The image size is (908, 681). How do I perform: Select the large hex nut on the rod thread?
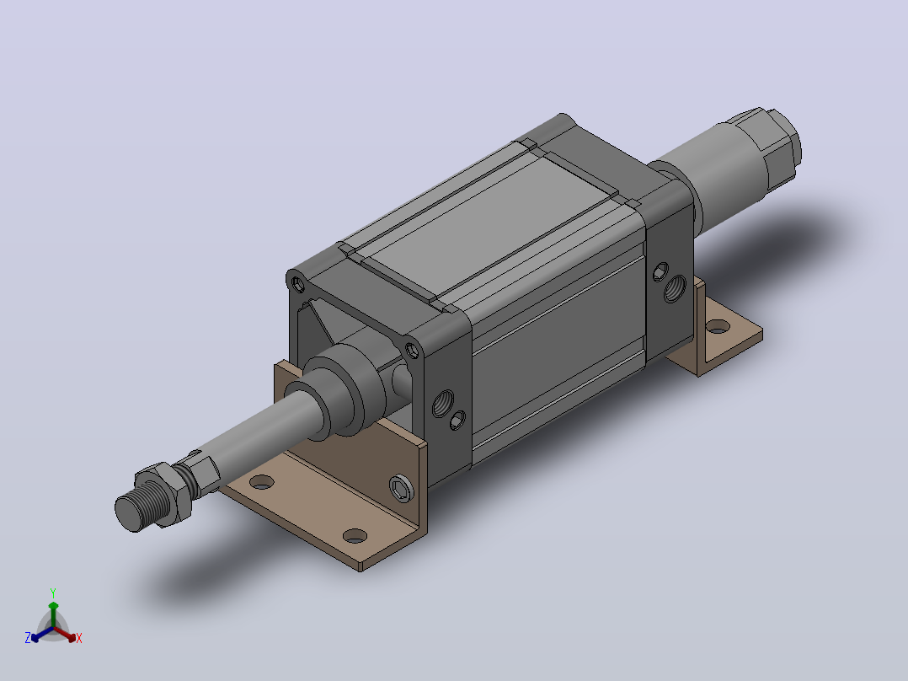[x=164, y=493]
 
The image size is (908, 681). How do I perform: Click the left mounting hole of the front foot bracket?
[x=261, y=481]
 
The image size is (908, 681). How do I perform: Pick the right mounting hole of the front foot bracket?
[x=355, y=536]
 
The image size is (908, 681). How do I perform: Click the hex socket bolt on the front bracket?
[x=401, y=489]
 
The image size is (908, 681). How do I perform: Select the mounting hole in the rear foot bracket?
[x=718, y=327]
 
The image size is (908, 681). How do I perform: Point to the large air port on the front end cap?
[x=443, y=404]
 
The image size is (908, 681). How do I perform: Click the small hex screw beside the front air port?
[x=457, y=421]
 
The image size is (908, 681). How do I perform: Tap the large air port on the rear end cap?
[x=675, y=288]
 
